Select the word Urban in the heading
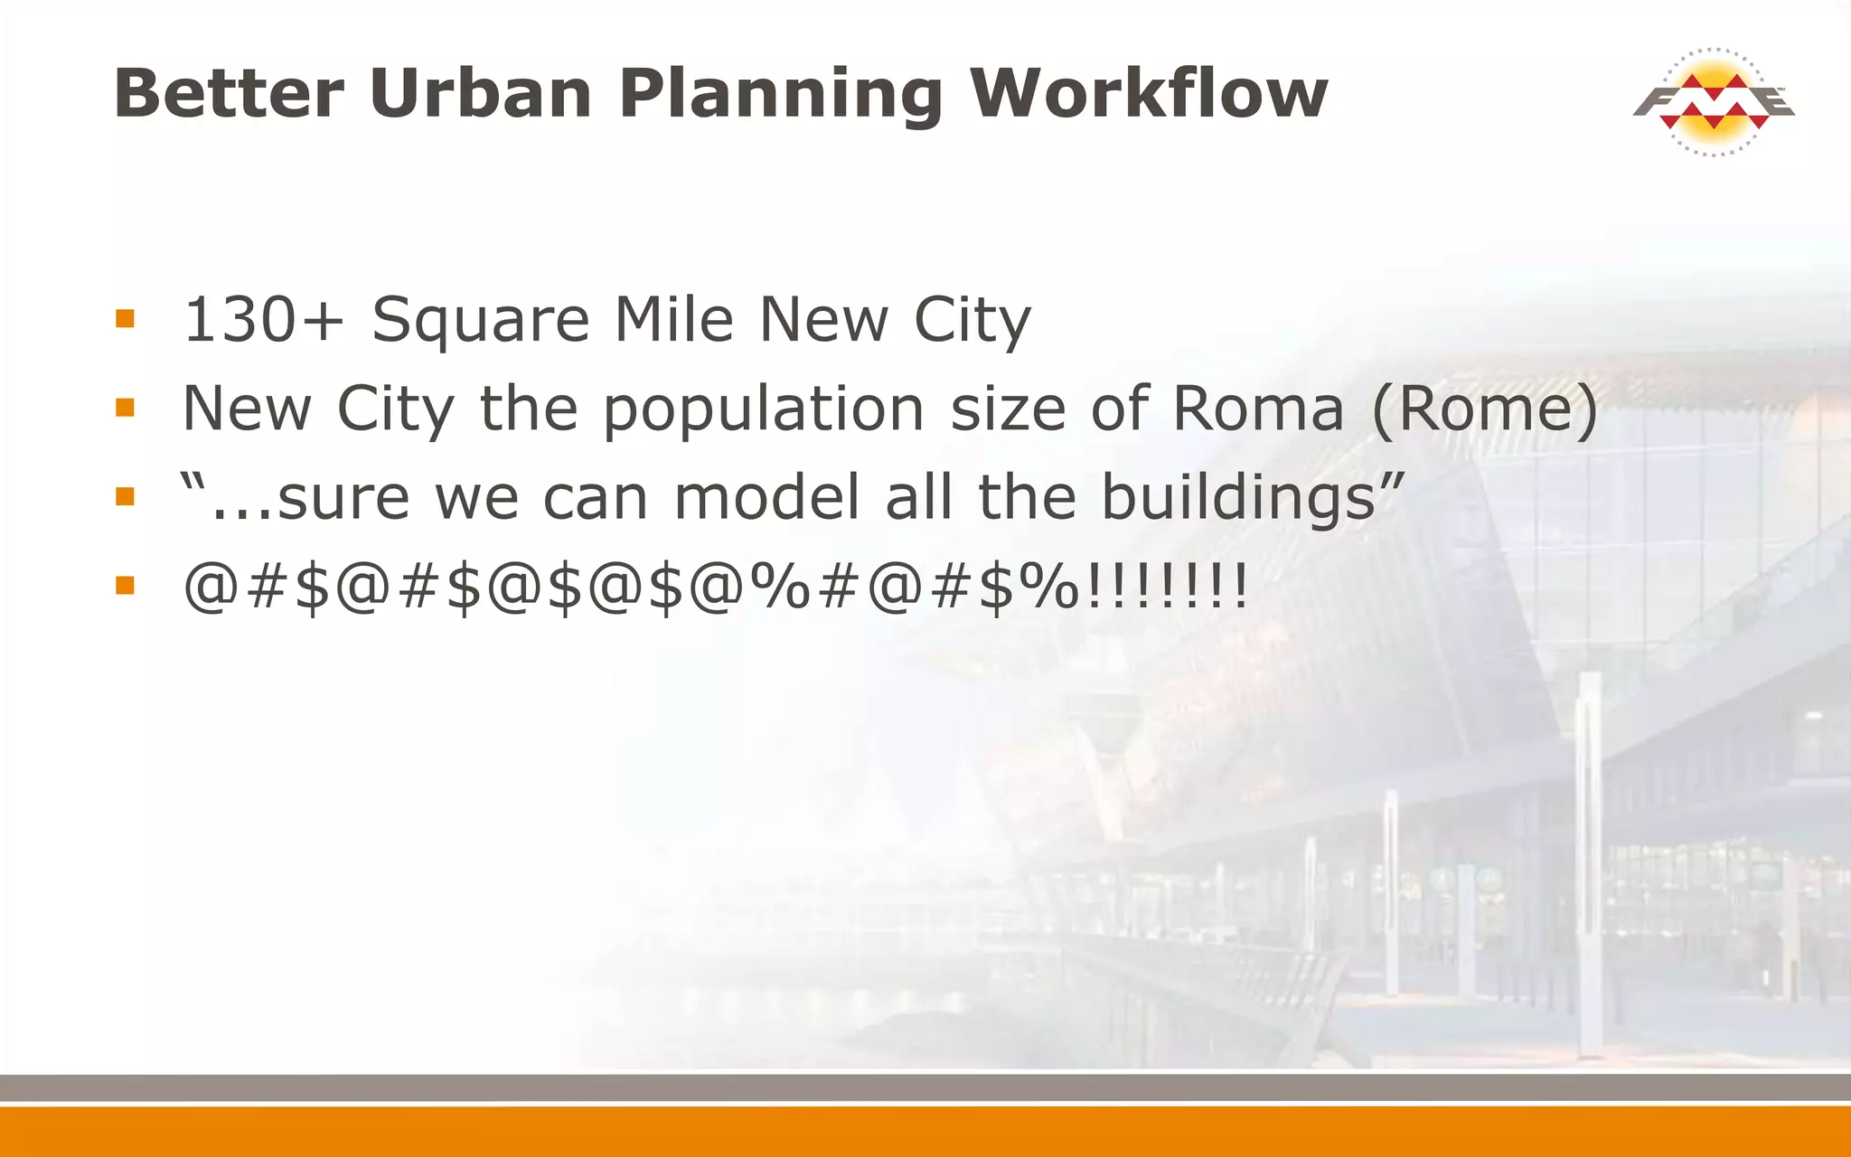coord(480,93)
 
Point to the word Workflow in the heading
coord(1149,93)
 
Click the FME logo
coord(1713,102)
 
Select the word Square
coord(481,322)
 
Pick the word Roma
coord(1258,409)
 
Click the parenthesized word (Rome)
coord(1485,409)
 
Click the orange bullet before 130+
coord(125,319)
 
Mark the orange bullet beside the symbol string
coord(125,587)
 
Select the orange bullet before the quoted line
coord(125,497)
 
